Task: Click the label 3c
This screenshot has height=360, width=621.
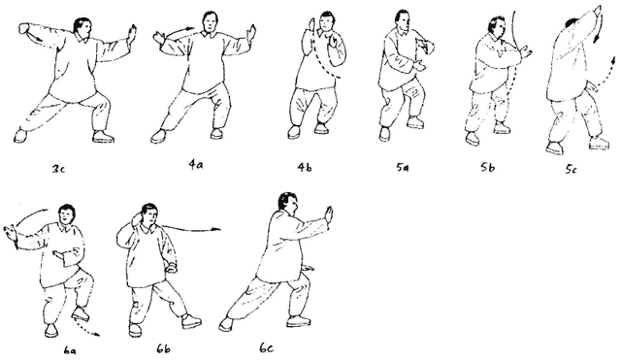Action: (58, 169)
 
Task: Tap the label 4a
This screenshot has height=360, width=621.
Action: (196, 164)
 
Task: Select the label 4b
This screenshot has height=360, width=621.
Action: (305, 168)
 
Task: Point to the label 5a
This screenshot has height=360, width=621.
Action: (403, 168)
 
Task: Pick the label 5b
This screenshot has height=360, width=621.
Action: (487, 168)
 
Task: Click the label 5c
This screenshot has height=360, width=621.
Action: (571, 170)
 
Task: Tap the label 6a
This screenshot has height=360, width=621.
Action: (70, 351)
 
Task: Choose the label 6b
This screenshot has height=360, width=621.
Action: (163, 349)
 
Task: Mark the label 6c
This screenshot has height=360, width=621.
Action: (267, 348)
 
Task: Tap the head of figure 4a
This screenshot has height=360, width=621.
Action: (211, 22)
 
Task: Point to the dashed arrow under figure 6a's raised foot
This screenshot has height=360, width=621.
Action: (86, 328)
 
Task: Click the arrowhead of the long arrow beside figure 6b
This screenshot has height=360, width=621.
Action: (215, 229)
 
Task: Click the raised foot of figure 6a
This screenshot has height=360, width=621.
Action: (81, 313)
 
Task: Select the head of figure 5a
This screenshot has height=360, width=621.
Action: (403, 21)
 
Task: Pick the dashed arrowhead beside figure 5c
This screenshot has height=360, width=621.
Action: (613, 60)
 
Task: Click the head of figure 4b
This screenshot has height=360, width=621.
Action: (327, 23)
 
